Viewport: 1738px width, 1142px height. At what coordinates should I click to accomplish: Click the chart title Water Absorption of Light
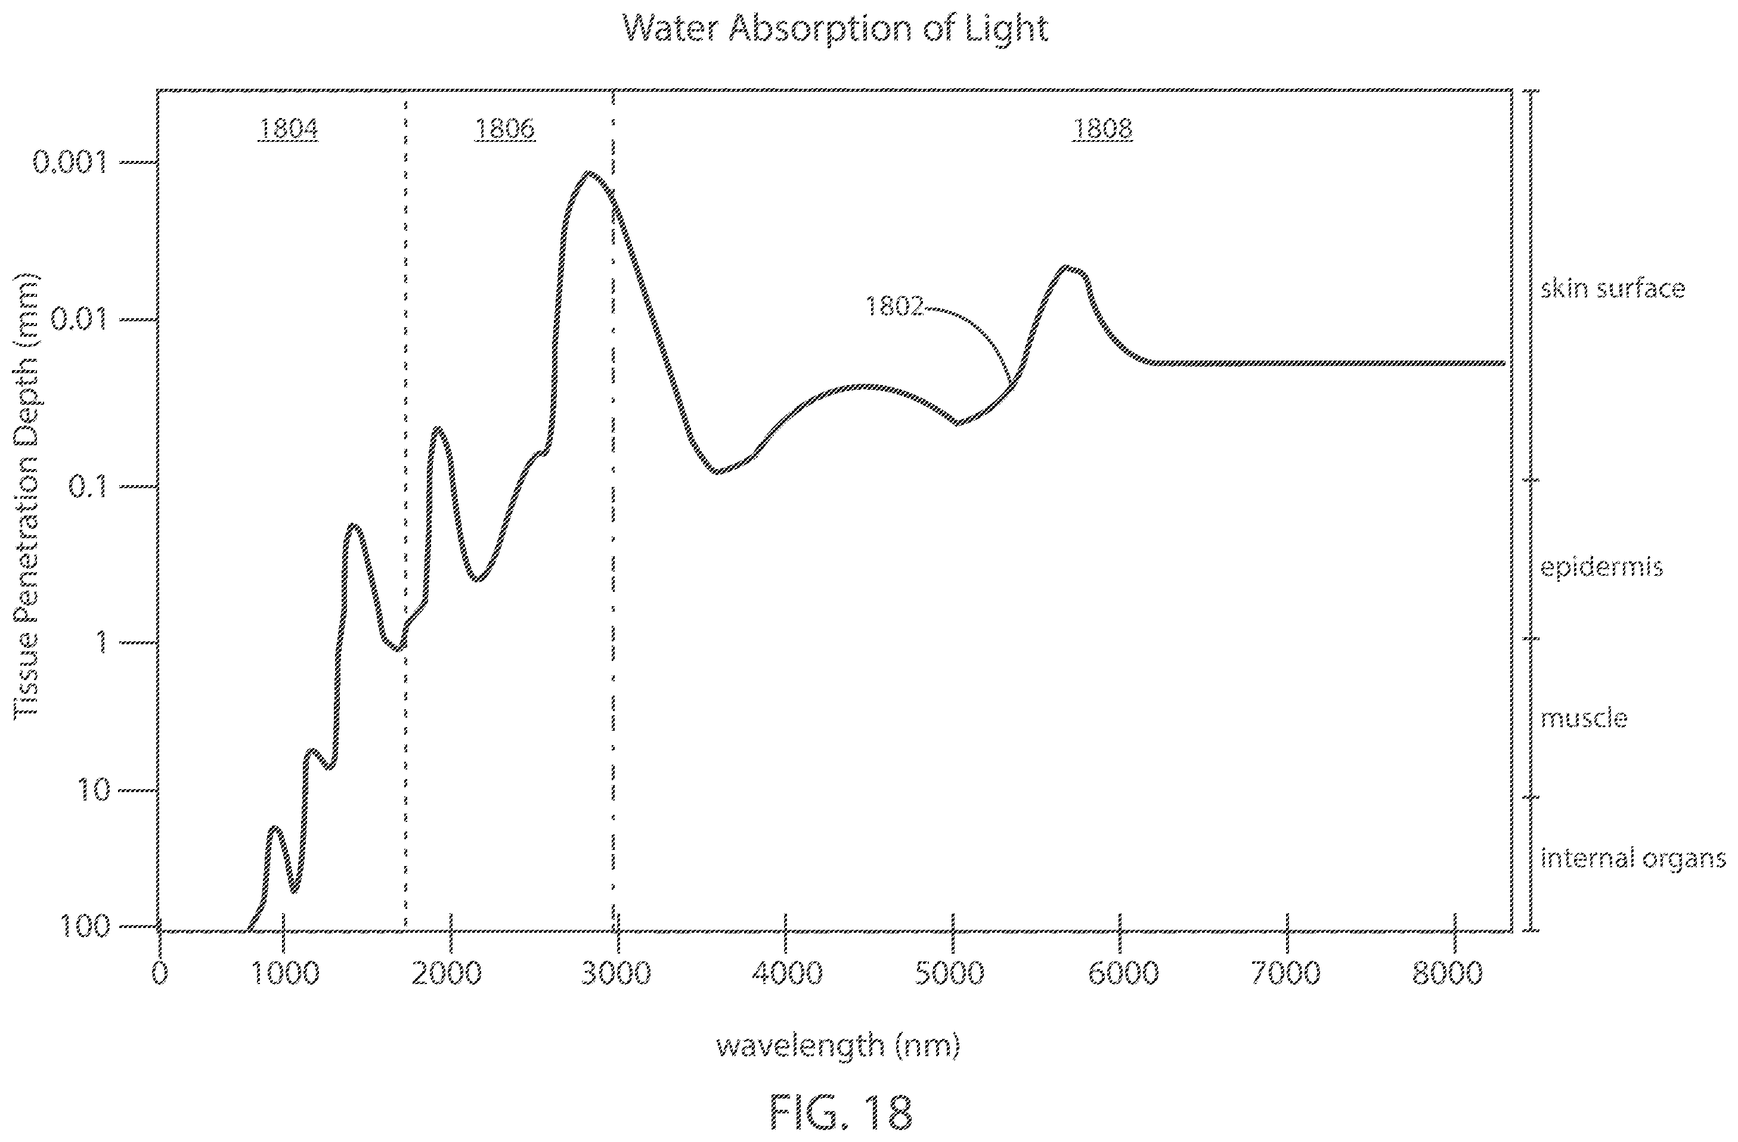(x=835, y=29)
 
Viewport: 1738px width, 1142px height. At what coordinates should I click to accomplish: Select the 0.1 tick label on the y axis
(x=88, y=486)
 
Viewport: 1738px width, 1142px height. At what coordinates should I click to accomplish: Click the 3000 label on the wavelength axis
(x=615, y=973)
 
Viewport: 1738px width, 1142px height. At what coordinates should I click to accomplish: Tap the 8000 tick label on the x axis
(x=1448, y=973)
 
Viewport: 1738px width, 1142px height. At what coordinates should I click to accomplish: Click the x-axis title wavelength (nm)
(x=838, y=1045)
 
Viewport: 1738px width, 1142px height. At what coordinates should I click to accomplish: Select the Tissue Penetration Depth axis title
(x=26, y=496)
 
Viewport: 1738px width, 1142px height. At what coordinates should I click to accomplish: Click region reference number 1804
(x=288, y=129)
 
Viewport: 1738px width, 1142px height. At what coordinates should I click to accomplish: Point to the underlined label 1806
(x=504, y=129)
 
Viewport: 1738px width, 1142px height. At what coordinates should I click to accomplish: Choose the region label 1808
(x=1102, y=129)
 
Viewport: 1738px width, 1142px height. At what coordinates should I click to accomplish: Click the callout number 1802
(x=894, y=306)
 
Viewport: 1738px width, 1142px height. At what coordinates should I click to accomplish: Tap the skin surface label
(x=1612, y=288)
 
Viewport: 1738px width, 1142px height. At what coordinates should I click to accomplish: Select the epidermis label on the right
(x=1601, y=568)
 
